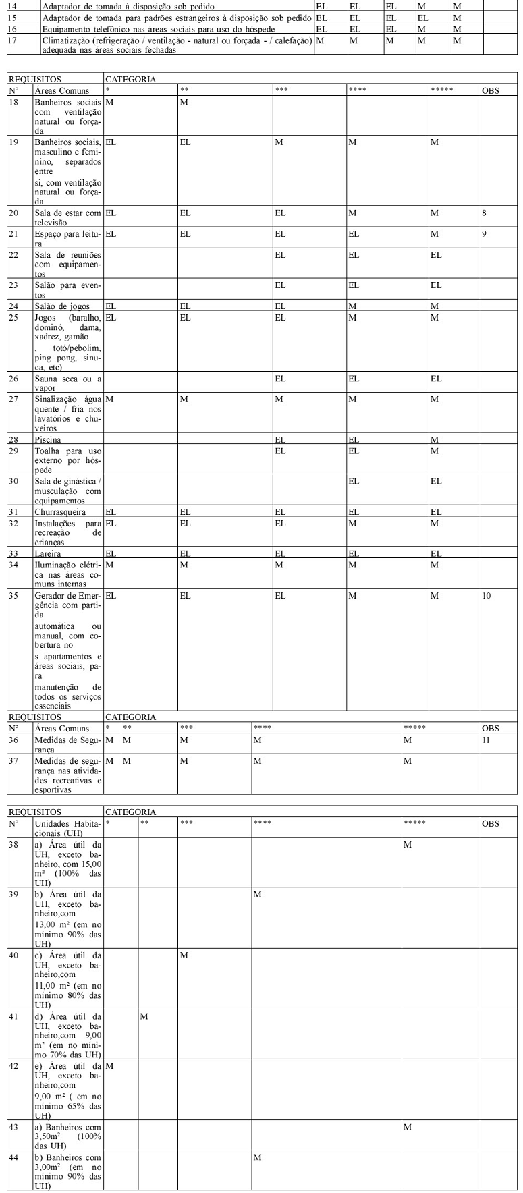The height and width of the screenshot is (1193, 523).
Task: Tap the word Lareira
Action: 47,553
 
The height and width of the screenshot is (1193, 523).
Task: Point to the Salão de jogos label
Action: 61,306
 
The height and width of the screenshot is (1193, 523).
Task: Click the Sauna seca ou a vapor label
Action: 67,383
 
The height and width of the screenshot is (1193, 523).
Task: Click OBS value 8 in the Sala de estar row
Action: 484,213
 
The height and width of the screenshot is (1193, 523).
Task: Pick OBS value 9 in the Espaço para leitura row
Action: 484,234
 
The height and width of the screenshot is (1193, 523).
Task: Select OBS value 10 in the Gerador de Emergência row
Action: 486,596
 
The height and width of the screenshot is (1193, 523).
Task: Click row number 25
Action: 13,317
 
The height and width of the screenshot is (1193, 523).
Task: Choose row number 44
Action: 13,1158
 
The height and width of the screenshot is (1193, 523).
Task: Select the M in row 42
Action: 109,1065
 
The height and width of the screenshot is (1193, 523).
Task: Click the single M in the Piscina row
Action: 435,439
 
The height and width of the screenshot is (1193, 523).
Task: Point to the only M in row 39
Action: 257,895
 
